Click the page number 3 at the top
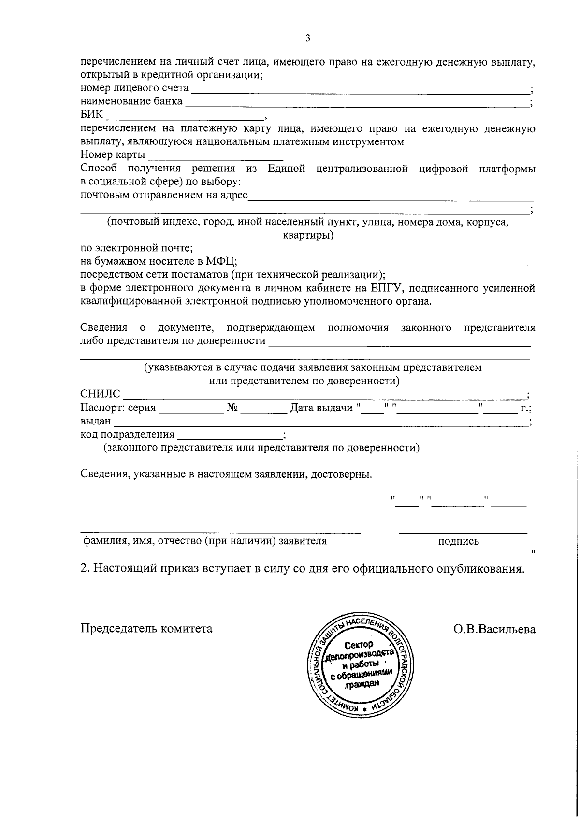click(x=308, y=39)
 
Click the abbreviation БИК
click(x=92, y=115)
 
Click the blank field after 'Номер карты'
click(x=216, y=156)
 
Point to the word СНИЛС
click(x=100, y=395)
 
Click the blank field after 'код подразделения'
click(x=230, y=435)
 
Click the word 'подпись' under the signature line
click(x=458, y=541)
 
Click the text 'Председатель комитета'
click(x=146, y=629)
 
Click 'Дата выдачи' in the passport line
click(x=321, y=408)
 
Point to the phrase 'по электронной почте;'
click(x=137, y=248)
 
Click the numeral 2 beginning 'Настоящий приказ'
click(x=85, y=568)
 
